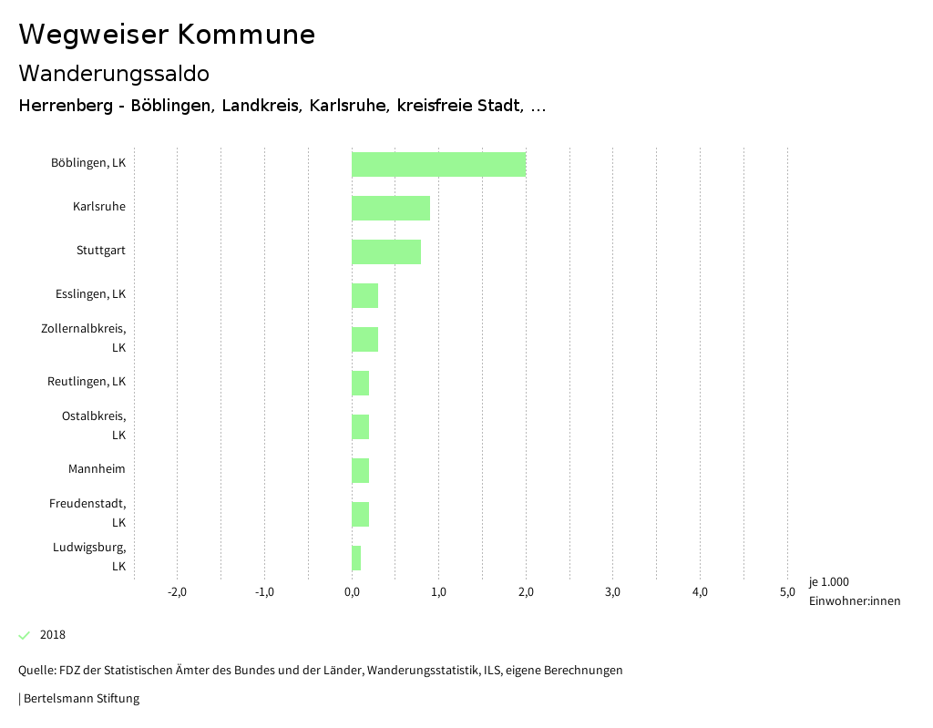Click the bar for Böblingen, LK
click(x=438, y=164)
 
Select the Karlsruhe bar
click(x=390, y=208)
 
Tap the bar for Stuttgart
click(x=386, y=251)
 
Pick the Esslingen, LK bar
click(x=364, y=295)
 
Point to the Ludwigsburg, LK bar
click(x=356, y=558)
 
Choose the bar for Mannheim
click(x=360, y=470)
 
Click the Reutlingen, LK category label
click(x=87, y=381)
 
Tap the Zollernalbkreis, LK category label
click(x=84, y=337)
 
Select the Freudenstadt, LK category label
click(x=87, y=512)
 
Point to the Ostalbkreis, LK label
click(x=94, y=425)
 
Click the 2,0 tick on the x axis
click(x=526, y=592)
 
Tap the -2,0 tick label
click(x=177, y=592)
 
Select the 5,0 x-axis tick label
click(x=787, y=592)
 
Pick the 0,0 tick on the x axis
click(x=352, y=592)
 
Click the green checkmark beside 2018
click(x=25, y=635)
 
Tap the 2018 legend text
click(x=53, y=635)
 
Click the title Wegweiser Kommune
click(x=167, y=35)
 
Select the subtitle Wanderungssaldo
click(x=114, y=73)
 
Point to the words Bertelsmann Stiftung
click(x=81, y=699)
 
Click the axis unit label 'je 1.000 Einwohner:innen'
click(x=854, y=591)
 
